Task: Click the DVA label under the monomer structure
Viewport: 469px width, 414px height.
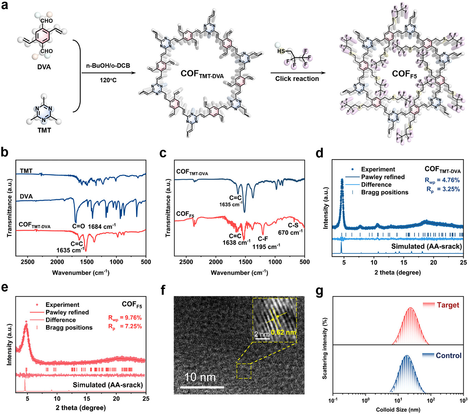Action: click(44, 67)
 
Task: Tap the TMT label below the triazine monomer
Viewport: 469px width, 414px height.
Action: click(44, 130)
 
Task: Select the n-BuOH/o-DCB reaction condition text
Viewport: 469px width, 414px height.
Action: click(108, 66)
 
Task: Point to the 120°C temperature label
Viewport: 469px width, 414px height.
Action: click(108, 80)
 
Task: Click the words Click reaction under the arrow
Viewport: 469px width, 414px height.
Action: click(297, 79)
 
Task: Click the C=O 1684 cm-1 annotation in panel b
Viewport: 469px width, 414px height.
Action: click(94, 226)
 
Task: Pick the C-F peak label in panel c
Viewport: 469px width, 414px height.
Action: click(263, 239)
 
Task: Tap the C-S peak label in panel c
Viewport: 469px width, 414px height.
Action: click(293, 225)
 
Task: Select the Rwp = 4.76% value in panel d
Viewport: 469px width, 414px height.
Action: click(442, 180)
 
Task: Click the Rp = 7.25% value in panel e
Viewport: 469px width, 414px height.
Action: click(125, 326)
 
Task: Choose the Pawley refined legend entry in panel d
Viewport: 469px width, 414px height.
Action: click(383, 177)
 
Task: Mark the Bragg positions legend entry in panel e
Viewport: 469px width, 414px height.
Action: click(69, 328)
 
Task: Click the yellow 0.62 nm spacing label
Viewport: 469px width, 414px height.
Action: click(283, 332)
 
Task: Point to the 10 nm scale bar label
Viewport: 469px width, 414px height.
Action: click(200, 377)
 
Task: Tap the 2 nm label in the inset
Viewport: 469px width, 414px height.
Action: click(262, 334)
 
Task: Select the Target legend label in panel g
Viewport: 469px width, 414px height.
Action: click(448, 305)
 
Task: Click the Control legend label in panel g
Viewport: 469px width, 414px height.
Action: click(448, 355)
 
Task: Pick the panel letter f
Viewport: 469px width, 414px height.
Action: click(163, 291)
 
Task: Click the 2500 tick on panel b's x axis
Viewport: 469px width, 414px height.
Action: click(28, 262)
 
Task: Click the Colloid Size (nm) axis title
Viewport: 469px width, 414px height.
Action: click(398, 410)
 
